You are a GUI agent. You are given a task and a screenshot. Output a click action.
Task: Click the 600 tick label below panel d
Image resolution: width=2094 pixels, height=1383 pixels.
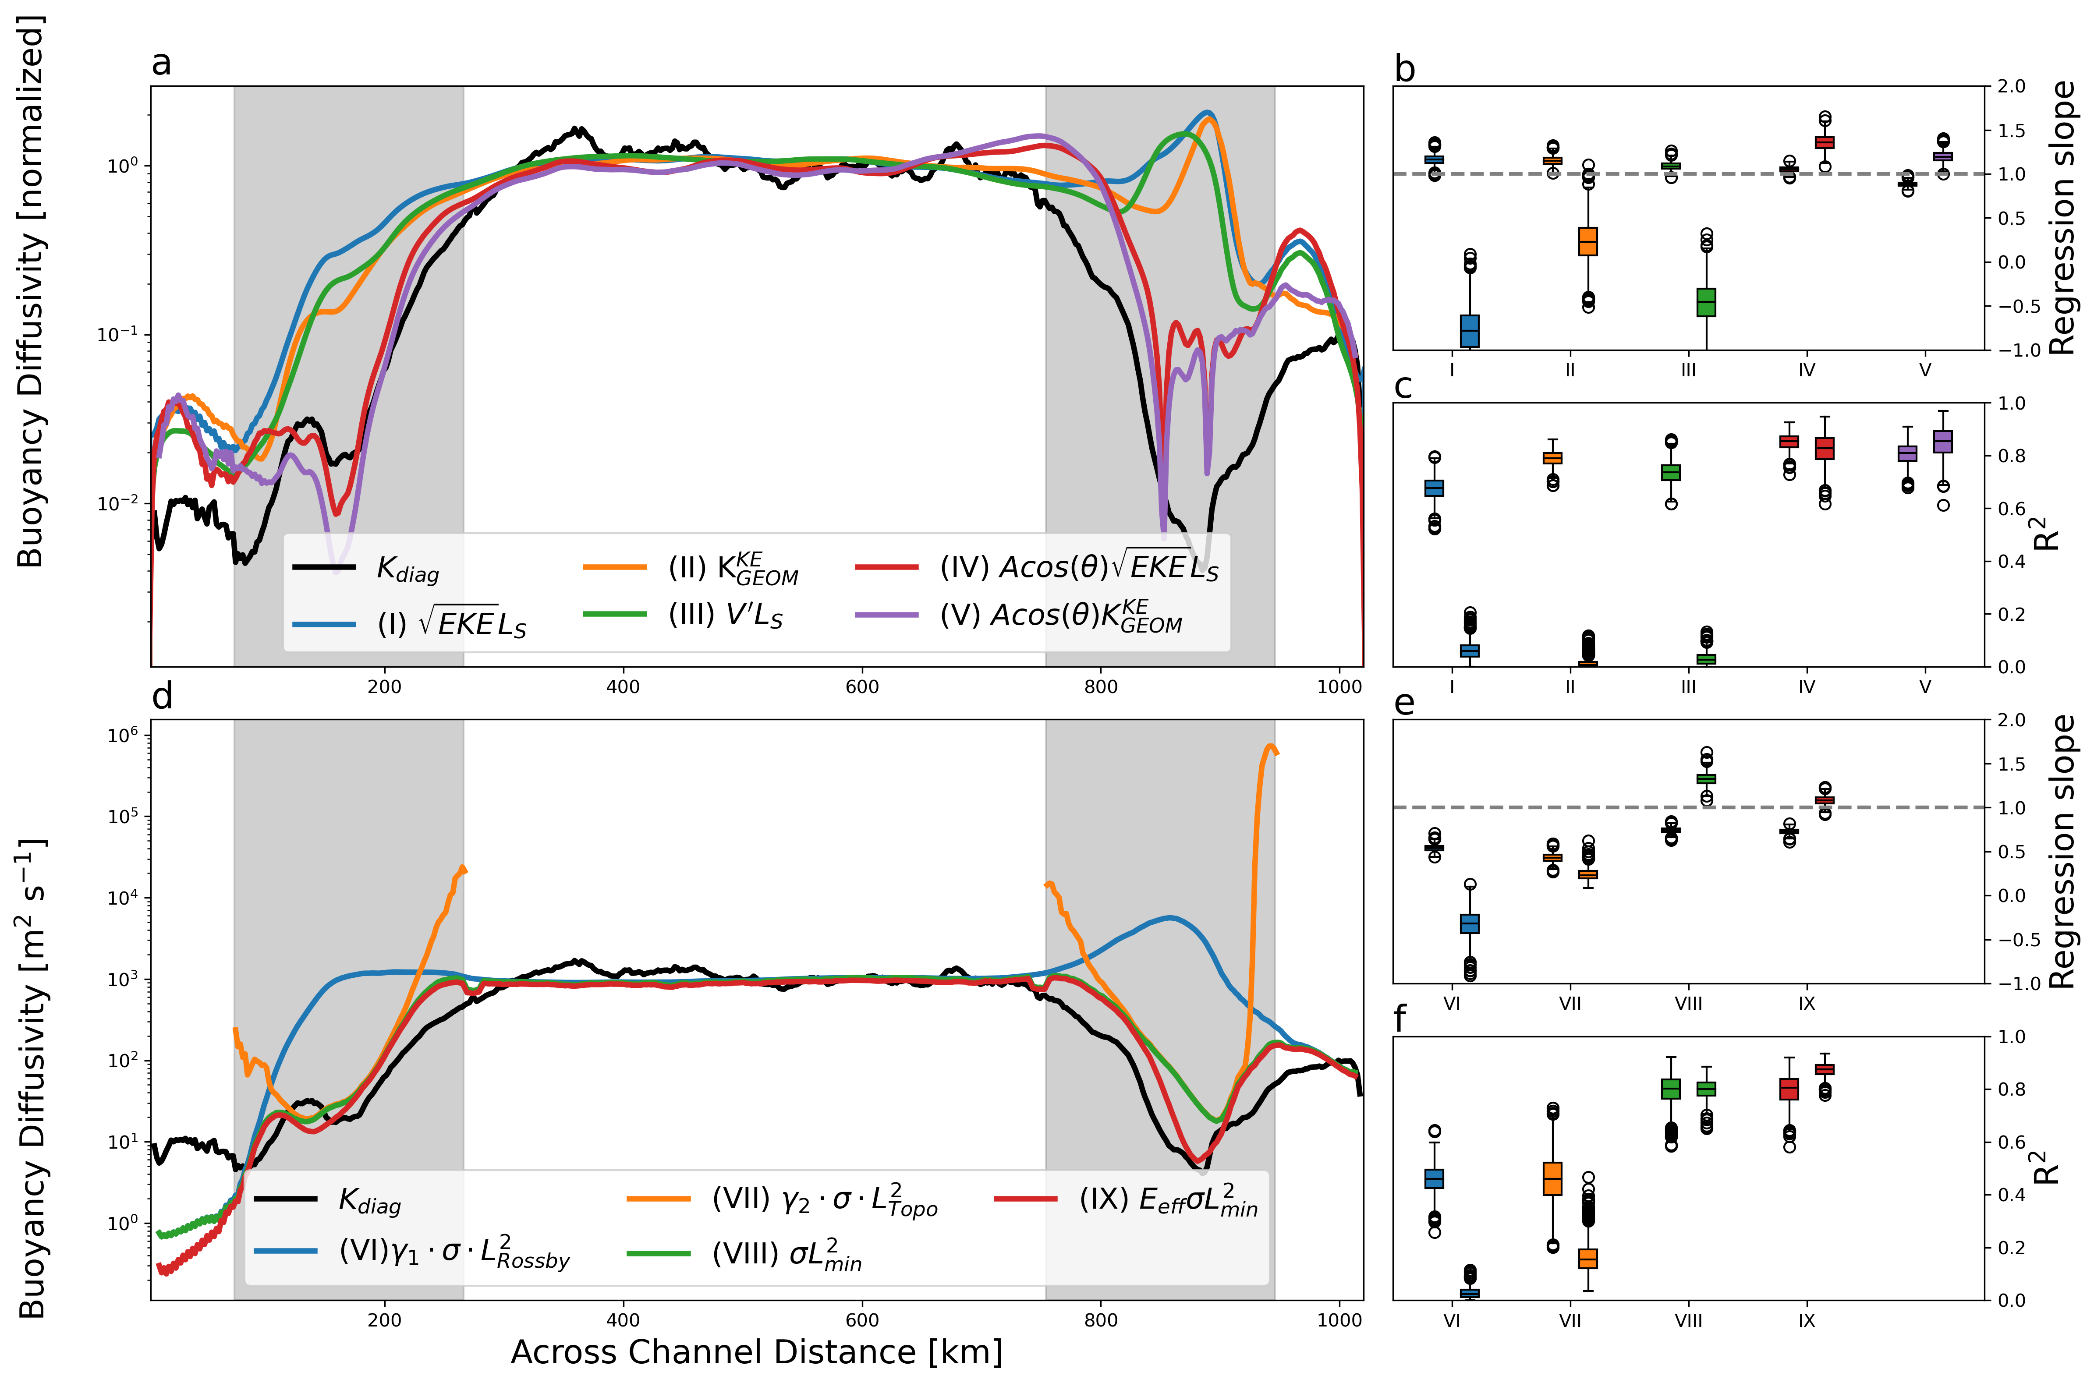coord(862,1320)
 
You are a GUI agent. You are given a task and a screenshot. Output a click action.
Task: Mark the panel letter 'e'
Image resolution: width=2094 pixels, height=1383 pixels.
coord(1404,703)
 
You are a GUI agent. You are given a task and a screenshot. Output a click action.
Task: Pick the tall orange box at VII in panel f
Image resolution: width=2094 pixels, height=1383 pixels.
coord(1552,1178)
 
